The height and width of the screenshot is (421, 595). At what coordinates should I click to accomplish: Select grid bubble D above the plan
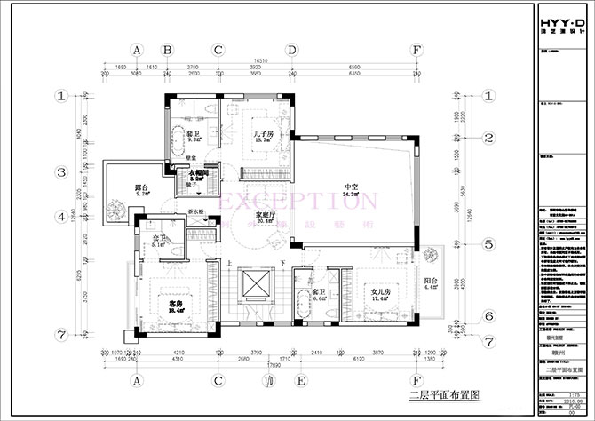click(x=291, y=51)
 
